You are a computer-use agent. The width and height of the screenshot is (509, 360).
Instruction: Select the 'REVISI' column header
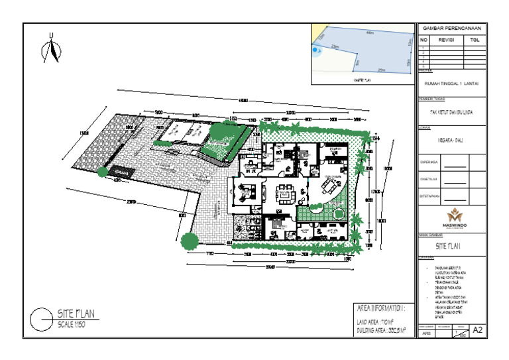tap(446, 40)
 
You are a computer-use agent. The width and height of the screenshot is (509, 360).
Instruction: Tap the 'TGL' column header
tap(474, 40)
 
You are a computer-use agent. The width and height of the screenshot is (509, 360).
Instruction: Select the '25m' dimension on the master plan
tap(381, 69)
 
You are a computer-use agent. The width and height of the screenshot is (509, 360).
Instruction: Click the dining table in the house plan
tap(329, 186)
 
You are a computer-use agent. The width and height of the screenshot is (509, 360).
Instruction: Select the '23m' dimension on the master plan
tap(335, 47)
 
